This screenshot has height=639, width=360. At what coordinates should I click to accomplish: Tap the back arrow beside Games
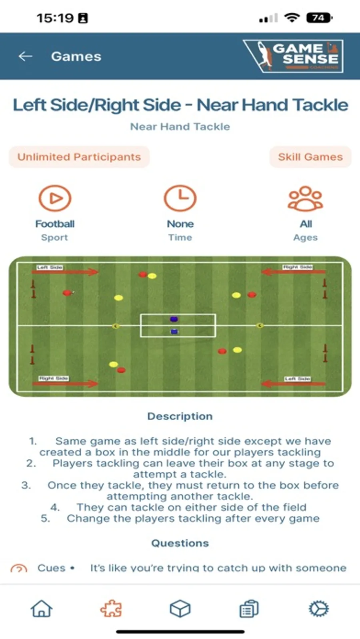point(26,56)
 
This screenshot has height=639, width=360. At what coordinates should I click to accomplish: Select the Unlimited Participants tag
point(79,157)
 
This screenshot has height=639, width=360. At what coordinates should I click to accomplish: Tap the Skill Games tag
point(310,157)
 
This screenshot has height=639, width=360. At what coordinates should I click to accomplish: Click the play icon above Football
point(55,198)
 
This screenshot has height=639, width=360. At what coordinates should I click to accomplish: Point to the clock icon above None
point(180,198)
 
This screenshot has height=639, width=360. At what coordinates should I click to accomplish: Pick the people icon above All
point(306,198)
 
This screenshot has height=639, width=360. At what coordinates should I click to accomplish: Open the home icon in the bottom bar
point(42,609)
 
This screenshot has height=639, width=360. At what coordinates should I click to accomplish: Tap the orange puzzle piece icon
point(111,609)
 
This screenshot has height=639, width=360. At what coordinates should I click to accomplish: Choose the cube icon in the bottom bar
point(180,609)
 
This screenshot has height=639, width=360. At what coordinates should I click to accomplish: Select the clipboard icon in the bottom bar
point(249,609)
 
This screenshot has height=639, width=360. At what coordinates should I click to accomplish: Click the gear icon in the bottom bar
point(319,609)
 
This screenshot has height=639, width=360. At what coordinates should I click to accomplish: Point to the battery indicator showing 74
point(319,18)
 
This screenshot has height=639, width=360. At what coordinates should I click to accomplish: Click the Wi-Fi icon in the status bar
point(292,18)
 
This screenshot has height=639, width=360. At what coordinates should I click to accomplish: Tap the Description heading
point(180,416)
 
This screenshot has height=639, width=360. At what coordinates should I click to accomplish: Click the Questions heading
point(180,543)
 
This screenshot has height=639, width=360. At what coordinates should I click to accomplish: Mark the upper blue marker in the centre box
point(174,319)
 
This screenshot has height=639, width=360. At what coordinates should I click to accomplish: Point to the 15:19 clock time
point(55,18)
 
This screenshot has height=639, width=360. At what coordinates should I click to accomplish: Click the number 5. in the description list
point(45,519)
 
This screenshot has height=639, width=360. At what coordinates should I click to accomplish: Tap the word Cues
point(51,568)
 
